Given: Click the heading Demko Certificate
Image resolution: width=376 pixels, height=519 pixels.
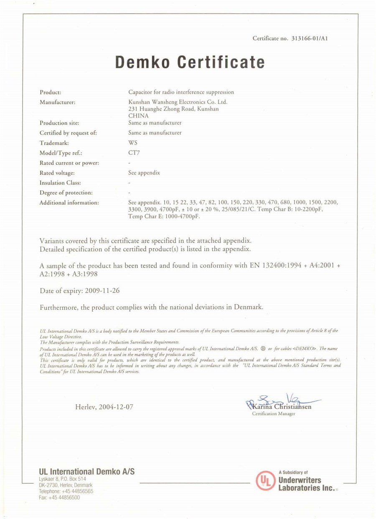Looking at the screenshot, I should pos(190,62).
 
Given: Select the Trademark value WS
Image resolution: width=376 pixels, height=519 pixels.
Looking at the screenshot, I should pos(133,143).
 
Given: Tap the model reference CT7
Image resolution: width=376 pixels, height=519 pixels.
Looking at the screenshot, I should pos(134,153).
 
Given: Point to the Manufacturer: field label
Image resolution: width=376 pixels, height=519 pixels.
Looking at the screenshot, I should pos(57,102).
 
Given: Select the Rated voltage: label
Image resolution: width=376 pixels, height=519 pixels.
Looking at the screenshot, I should pos(57,173).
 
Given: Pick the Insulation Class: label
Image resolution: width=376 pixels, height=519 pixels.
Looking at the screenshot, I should pos(60,183).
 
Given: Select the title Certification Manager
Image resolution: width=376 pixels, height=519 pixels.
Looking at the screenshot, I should pos(273,414).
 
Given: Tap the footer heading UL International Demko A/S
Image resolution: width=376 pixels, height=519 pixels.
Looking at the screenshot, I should pos(86,471).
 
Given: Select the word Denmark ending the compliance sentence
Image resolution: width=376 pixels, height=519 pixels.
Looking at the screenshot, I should pos(247,307).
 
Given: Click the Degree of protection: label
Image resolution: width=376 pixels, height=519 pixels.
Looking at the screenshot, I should pos(66,193).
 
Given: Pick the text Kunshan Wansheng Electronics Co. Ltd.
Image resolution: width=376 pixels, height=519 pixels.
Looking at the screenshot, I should pos(178,102).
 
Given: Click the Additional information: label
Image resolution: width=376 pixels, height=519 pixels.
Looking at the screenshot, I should pos(69,203).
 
